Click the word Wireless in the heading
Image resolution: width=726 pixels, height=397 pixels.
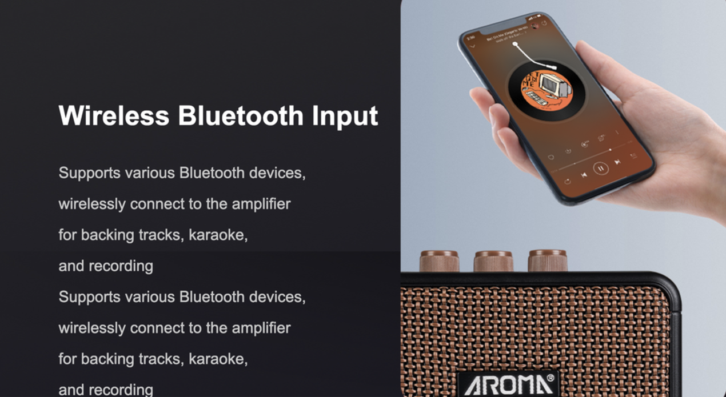(x=114, y=115)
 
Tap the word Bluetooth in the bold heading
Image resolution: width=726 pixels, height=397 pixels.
(x=241, y=115)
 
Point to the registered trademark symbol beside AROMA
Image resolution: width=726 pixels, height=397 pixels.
(x=551, y=378)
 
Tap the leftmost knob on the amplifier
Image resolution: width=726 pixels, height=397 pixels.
(x=439, y=260)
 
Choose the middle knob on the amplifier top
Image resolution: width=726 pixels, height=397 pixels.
(x=493, y=261)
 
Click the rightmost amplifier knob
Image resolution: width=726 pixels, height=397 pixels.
(x=547, y=260)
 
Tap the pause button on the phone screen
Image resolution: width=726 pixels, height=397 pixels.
(x=600, y=168)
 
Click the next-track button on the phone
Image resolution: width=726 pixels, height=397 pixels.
(x=617, y=162)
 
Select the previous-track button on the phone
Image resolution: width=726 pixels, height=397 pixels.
(x=583, y=175)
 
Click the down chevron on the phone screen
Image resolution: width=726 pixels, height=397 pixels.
(x=472, y=46)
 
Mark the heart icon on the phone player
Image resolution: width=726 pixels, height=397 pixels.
(x=551, y=157)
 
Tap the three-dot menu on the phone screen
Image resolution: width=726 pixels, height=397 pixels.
(x=617, y=133)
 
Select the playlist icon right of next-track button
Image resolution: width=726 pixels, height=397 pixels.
(x=633, y=155)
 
